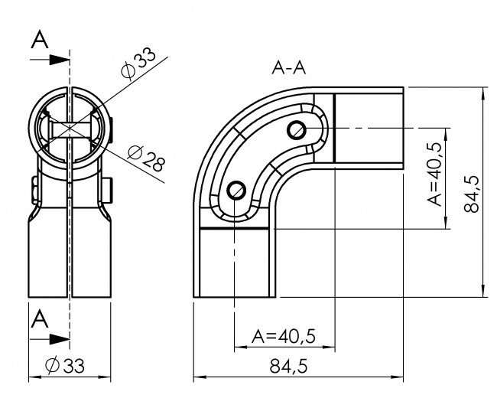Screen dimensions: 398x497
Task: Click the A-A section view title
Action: pos(289,68)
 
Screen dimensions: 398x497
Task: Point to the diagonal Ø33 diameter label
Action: pos(138,64)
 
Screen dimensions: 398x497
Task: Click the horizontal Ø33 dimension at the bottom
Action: pos(67,367)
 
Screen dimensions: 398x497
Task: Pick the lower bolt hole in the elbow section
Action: pos(238,186)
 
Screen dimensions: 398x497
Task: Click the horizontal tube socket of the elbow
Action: pos(369,126)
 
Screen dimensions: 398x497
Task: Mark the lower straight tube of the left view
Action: pos(70,256)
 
